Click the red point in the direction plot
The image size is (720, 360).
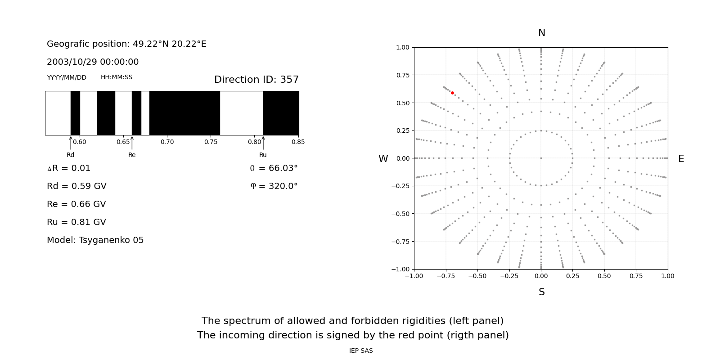click(x=452, y=93)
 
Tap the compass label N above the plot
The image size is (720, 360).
click(x=541, y=33)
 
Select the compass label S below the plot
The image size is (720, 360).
click(x=541, y=292)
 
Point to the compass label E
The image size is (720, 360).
click(x=681, y=159)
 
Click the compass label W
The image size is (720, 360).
click(x=383, y=159)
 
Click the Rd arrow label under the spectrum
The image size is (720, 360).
click(x=71, y=155)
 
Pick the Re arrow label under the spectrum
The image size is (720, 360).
click(x=132, y=155)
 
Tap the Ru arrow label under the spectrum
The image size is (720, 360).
click(x=263, y=155)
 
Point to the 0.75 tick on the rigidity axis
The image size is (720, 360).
click(x=211, y=142)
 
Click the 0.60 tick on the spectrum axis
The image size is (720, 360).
click(x=80, y=142)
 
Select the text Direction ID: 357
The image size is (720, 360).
click(x=256, y=80)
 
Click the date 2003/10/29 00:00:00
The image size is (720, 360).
click(x=93, y=62)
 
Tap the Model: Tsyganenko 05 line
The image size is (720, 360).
click(x=95, y=240)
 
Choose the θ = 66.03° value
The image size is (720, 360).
click(x=274, y=168)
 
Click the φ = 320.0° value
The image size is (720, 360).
click(x=274, y=186)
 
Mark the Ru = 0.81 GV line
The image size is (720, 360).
click(x=76, y=222)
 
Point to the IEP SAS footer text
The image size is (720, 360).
click(x=361, y=351)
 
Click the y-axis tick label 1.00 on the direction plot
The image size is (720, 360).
click(x=402, y=47)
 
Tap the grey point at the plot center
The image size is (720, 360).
click(x=541, y=158)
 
